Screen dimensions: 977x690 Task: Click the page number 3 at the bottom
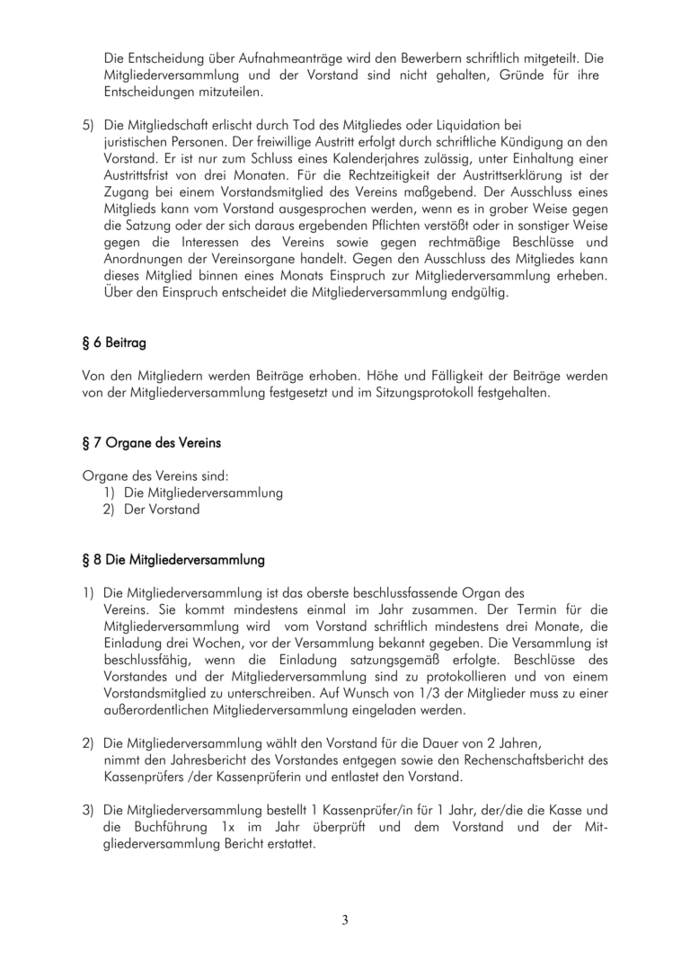[x=345, y=919]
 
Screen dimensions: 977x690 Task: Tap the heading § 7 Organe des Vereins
[x=151, y=443]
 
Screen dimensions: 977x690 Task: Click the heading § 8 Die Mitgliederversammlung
[x=173, y=560]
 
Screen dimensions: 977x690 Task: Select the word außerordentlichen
[x=156, y=709]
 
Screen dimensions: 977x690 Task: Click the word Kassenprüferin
[x=258, y=776]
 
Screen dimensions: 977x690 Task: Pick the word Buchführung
[x=168, y=826]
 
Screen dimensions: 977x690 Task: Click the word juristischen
[x=137, y=142]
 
